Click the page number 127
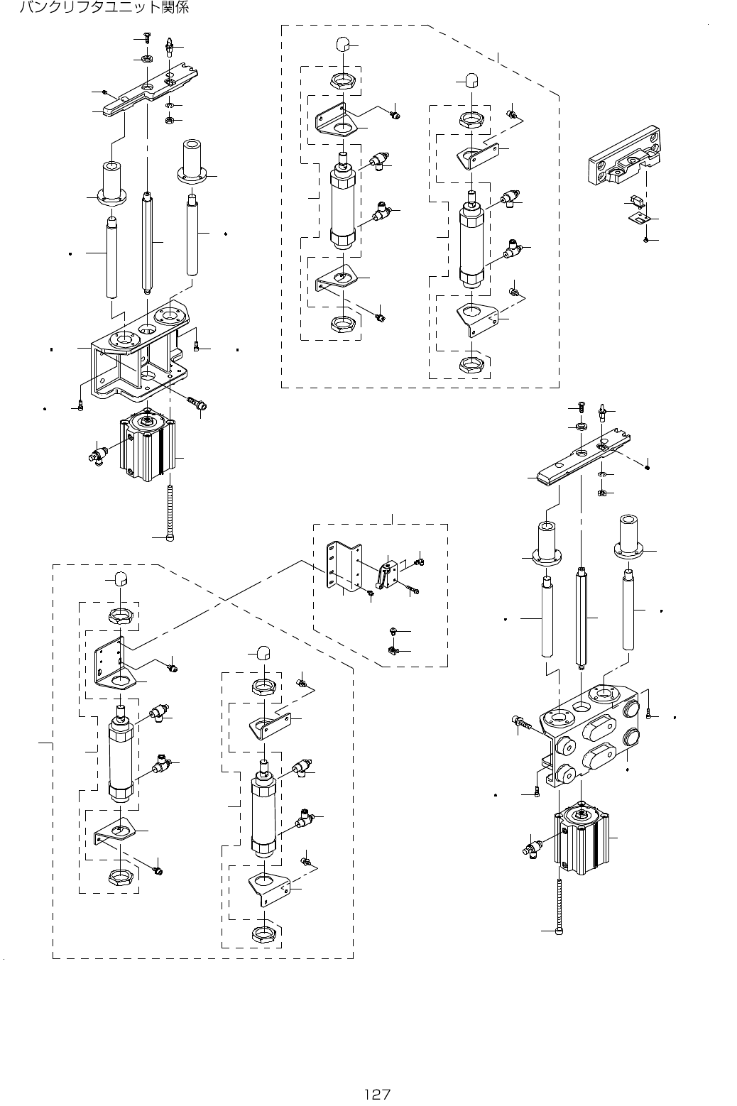tap(378, 1094)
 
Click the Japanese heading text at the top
tap(104, 7)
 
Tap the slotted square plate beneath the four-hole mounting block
tap(639, 217)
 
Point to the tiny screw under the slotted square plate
tap(645, 239)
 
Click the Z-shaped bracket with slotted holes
tap(344, 566)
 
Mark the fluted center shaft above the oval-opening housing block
tap(582, 617)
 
